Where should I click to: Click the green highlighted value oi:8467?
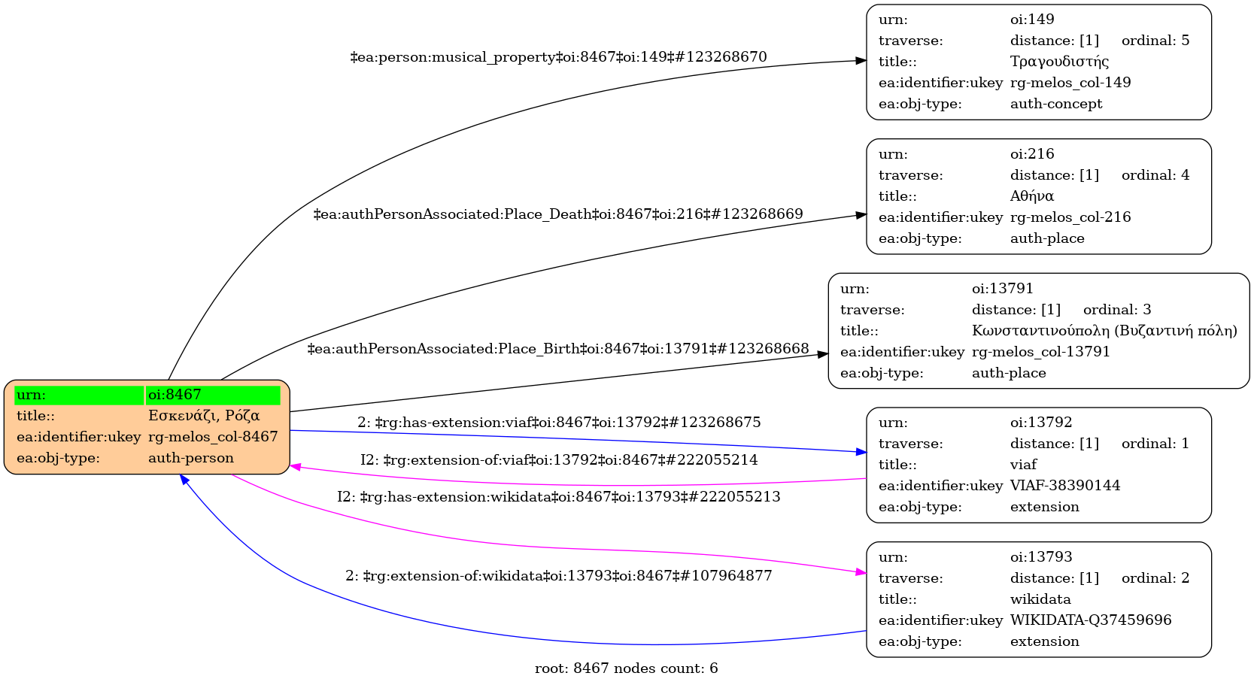point(175,395)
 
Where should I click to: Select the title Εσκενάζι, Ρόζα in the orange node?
point(204,416)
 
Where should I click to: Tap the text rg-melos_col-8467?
point(213,437)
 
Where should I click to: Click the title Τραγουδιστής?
point(1059,62)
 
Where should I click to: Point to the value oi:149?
point(1032,20)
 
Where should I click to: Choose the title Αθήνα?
point(1032,196)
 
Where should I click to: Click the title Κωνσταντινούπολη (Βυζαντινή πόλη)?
point(1104,331)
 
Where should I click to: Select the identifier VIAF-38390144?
point(1065,486)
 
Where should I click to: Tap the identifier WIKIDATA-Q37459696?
point(1091,620)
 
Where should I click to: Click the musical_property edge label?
point(558,57)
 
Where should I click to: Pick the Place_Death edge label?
point(558,214)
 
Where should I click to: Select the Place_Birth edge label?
point(558,349)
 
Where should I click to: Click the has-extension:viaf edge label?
point(559,423)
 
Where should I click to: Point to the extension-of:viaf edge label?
point(559,460)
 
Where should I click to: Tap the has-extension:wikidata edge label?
point(559,497)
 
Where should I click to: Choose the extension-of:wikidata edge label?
point(559,576)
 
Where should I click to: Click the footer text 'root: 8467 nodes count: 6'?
point(626,668)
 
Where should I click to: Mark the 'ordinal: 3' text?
point(1117,310)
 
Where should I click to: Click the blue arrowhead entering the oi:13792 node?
point(861,452)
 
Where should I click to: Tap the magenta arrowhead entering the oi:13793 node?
point(861,573)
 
